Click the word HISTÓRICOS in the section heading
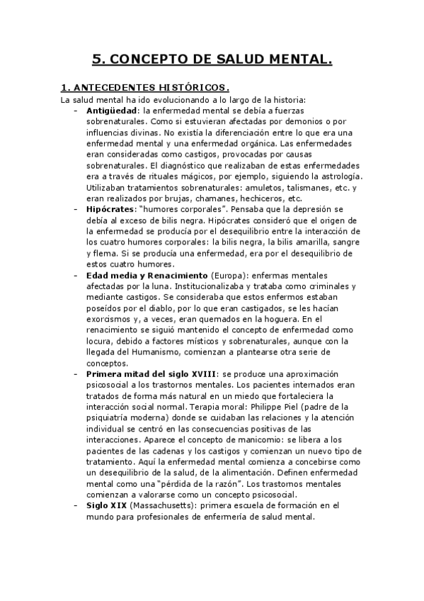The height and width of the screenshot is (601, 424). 191,88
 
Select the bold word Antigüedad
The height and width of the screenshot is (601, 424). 111,111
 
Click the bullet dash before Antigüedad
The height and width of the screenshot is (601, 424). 76,111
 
